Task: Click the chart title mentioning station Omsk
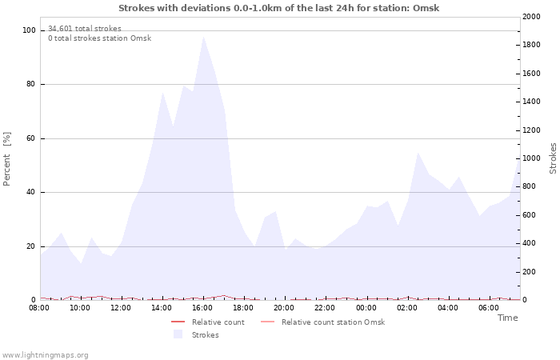(278, 8)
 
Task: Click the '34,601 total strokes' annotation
(85, 29)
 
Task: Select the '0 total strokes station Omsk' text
(99, 38)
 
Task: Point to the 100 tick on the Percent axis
(30, 30)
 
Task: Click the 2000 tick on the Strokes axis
(531, 17)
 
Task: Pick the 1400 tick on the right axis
(531, 102)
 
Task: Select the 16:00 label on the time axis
(202, 308)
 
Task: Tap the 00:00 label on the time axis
(366, 308)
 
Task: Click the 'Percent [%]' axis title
(7, 158)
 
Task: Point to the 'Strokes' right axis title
(553, 158)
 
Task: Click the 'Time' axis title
(507, 318)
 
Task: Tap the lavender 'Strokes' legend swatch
(178, 334)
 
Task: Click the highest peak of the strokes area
(203, 37)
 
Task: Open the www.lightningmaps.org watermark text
(45, 355)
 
